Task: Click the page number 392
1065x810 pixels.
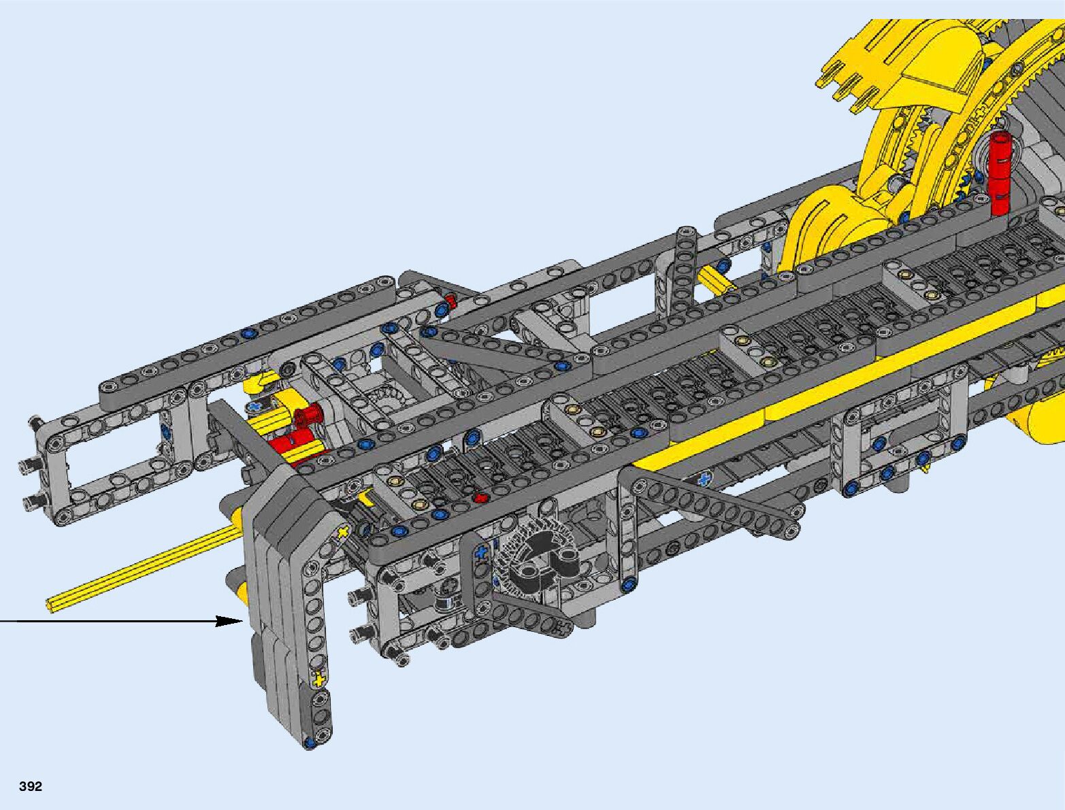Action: pos(31,786)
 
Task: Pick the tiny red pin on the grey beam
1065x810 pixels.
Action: pos(480,497)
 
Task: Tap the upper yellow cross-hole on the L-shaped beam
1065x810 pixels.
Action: pos(343,533)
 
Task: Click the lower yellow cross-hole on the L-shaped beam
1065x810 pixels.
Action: pos(318,679)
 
